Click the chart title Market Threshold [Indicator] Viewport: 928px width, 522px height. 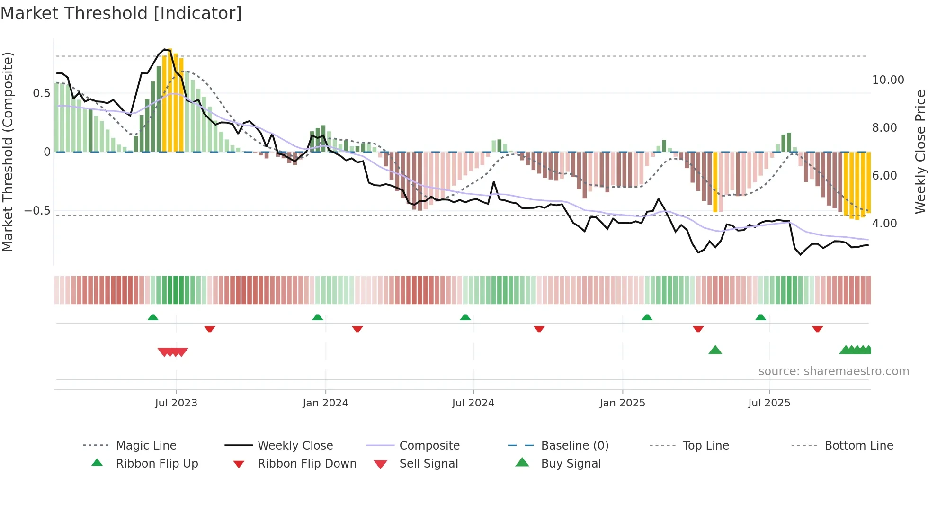121,13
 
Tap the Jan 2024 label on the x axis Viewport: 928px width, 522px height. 325,403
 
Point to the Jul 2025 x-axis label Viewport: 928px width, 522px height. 769,403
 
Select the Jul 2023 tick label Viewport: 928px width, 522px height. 176,403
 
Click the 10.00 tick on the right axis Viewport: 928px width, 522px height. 888,80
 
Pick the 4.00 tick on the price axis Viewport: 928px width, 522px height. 884,224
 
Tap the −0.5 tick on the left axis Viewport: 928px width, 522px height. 37,211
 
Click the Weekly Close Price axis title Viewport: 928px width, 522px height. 920,152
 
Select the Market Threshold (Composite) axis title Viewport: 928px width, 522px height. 8,152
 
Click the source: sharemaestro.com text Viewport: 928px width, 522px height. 833,371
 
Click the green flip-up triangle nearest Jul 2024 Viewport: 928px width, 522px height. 465,317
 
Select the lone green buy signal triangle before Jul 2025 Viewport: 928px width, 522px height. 715,350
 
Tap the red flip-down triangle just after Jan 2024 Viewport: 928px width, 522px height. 357,329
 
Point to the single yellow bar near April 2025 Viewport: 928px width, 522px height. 715,182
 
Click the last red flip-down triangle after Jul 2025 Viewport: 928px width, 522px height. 817,329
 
